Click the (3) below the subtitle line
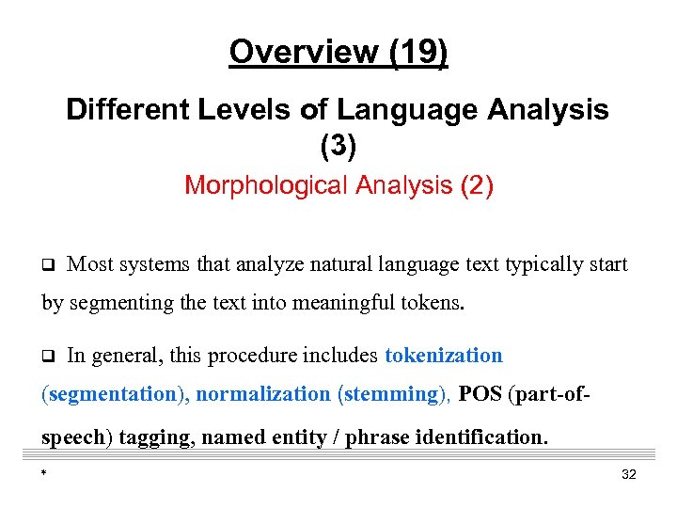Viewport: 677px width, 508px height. [x=338, y=146]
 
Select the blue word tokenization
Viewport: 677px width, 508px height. [x=444, y=356]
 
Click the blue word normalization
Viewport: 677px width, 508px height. [x=263, y=394]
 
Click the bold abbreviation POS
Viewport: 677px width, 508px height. [x=480, y=394]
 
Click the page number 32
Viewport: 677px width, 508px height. [x=629, y=474]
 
